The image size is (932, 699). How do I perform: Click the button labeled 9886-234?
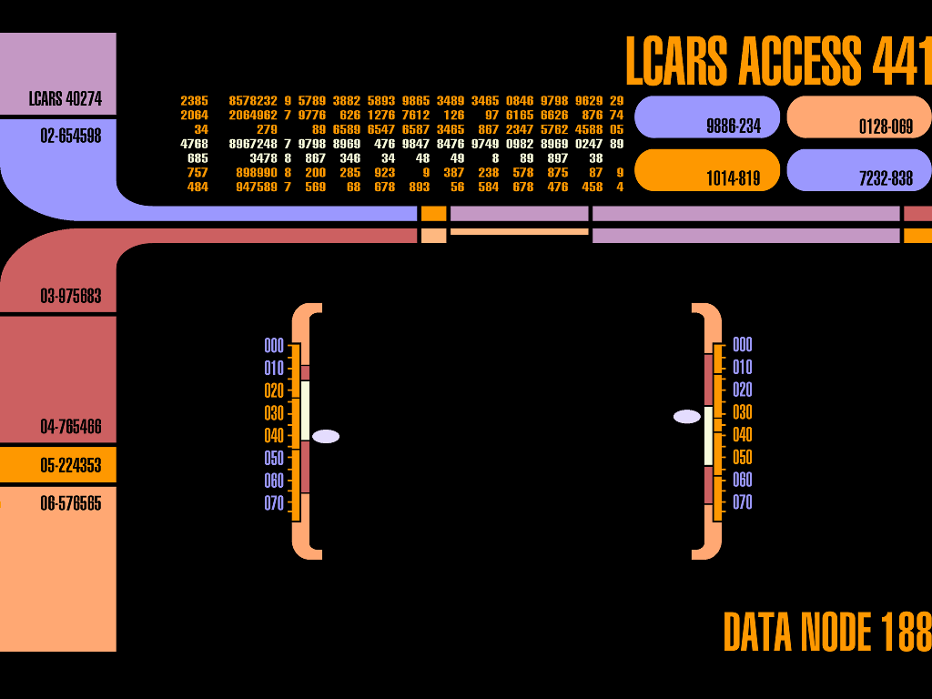(x=707, y=116)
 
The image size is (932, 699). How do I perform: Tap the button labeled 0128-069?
(x=858, y=116)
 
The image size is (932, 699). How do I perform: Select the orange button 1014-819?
(x=707, y=170)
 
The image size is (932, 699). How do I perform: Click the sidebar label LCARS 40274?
(x=58, y=98)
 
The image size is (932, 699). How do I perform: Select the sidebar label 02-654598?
(x=58, y=136)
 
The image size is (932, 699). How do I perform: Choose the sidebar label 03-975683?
(x=58, y=296)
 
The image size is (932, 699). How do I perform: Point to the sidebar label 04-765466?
(x=58, y=427)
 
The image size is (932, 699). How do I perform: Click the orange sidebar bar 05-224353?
(x=58, y=465)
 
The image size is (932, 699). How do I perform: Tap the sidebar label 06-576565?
(x=58, y=503)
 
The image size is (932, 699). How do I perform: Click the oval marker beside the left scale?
(x=326, y=437)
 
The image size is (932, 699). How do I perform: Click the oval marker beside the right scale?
(x=687, y=417)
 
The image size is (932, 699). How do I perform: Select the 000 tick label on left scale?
(x=274, y=346)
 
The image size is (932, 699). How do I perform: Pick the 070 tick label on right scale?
(x=743, y=502)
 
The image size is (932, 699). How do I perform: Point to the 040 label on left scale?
(x=274, y=436)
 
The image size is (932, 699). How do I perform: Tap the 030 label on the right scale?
(x=743, y=412)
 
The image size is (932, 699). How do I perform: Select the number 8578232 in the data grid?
(x=253, y=101)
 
